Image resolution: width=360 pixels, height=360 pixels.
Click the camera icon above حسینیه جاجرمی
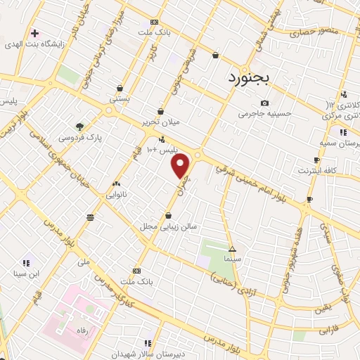click(264, 103)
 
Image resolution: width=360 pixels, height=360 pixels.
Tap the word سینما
click(233, 259)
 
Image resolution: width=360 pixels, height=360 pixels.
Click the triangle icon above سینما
click(233, 249)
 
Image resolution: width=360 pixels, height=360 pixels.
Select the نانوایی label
click(116, 194)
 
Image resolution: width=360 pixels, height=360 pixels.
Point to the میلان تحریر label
click(161, 122)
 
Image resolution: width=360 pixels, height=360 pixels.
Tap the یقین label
click(321, 309)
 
